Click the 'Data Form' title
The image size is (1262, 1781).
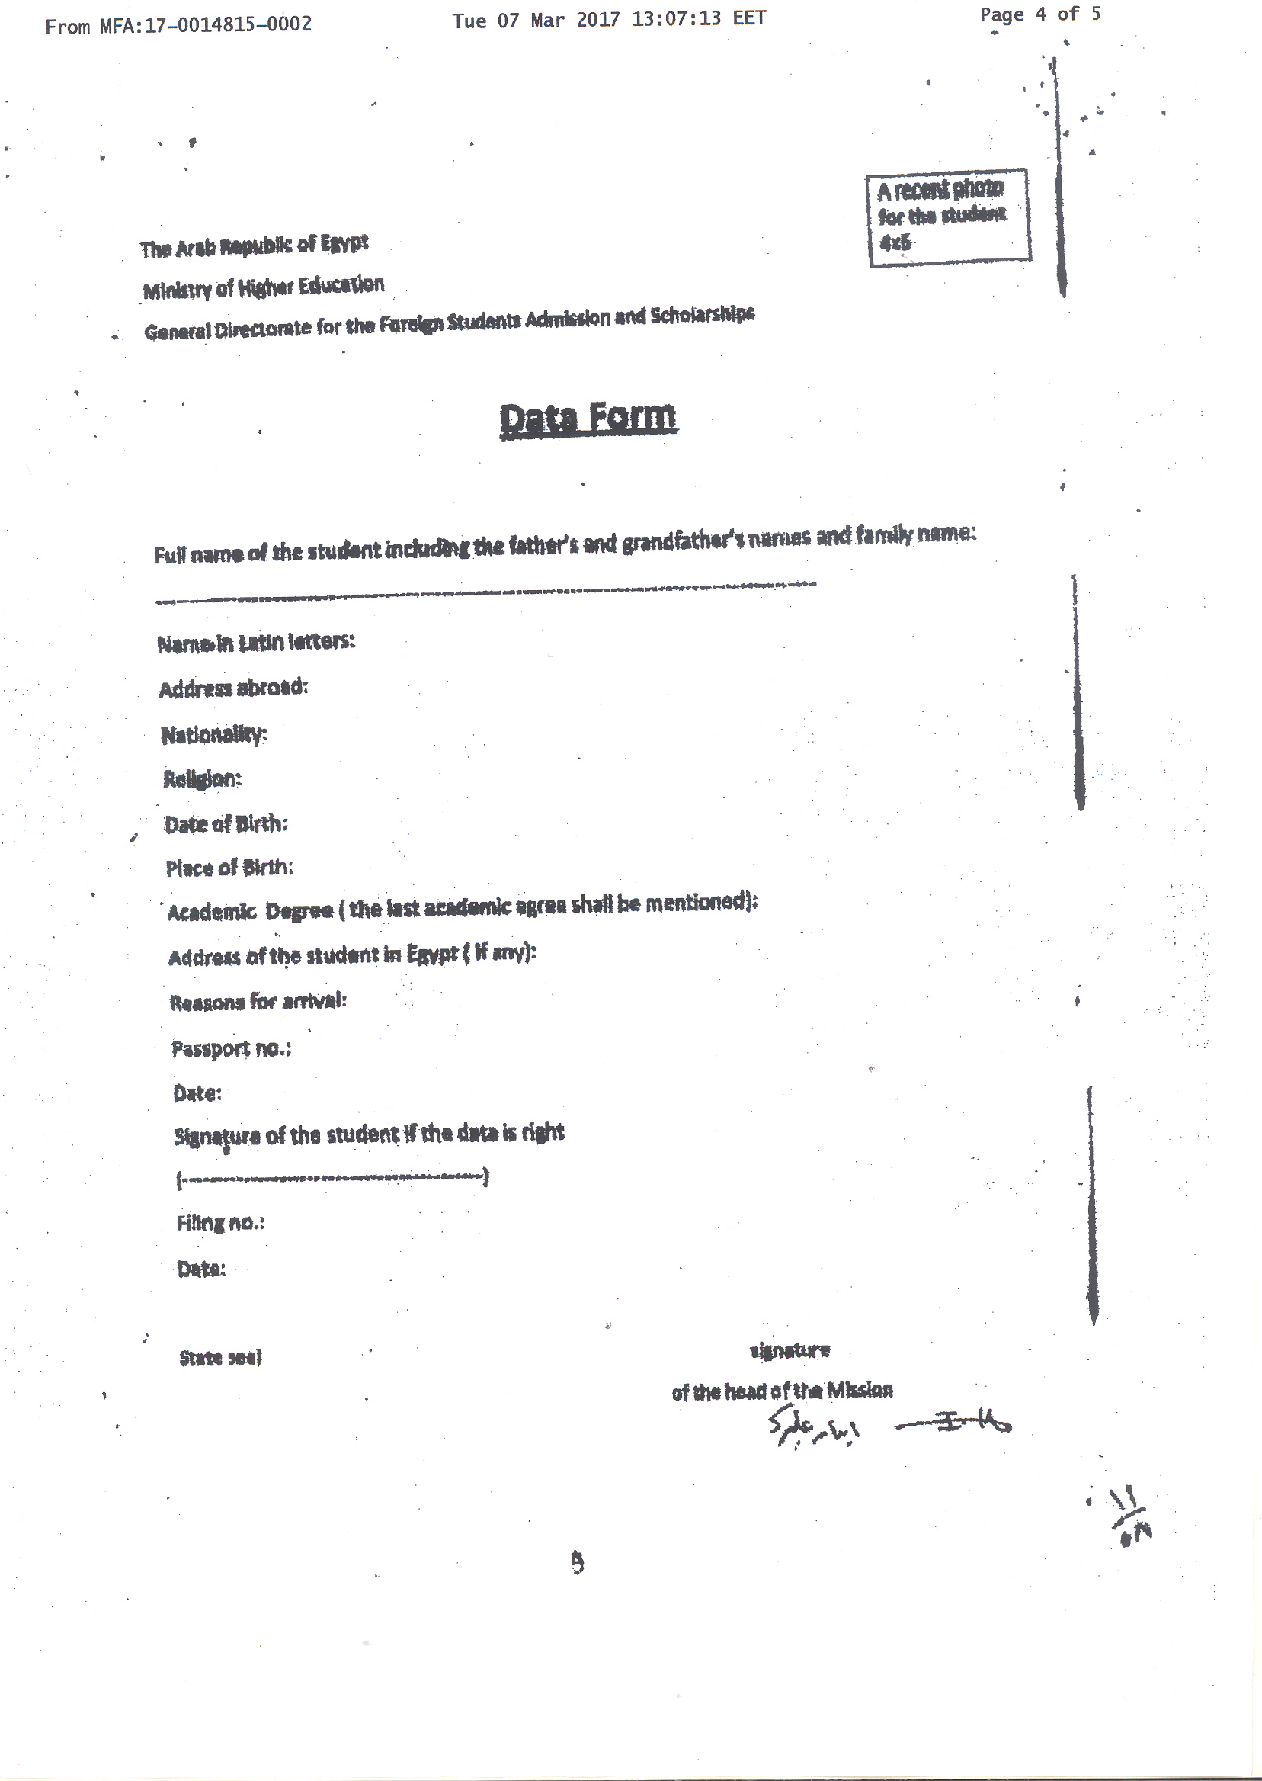pos(588,419)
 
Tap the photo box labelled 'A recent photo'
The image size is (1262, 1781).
pos(948,217)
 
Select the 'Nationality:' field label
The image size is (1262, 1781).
pos(213,735)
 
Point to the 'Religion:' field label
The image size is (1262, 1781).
pos(202,779)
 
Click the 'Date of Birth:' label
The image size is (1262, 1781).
pos(226,824)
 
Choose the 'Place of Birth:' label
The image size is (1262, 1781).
pos(229,868)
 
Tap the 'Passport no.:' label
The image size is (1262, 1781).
pos(231,1048)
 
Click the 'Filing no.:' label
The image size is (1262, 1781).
pos(220,1223)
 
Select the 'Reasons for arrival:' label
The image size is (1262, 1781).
pos(258,1001)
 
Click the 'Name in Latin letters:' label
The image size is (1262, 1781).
pos(255,643)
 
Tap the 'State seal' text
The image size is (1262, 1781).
pos(220,1358)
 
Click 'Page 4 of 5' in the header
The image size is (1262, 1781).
pos(1039,14)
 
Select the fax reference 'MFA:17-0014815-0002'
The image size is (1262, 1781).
pos(205,25)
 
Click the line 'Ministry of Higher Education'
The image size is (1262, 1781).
pos(263,287)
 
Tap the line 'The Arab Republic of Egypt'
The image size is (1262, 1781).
pos(253,246)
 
